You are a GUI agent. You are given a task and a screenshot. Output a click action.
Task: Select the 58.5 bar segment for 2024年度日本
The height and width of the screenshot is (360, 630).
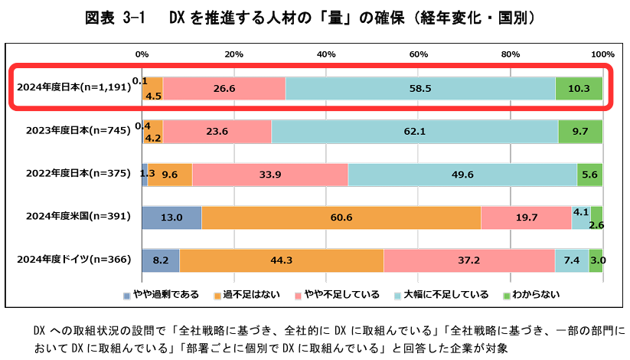[420, 88]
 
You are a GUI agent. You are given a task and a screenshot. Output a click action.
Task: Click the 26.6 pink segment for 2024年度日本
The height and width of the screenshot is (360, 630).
[224, 88]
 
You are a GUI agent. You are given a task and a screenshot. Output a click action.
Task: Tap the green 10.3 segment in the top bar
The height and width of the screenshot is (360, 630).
[579, 88]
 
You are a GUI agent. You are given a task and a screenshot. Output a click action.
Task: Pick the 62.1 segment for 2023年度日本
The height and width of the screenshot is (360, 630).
[414, 131]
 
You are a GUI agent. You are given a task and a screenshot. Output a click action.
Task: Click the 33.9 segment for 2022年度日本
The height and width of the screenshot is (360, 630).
[270, 174]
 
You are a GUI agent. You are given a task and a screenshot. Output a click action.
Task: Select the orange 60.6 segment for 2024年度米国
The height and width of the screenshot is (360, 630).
[341, 218]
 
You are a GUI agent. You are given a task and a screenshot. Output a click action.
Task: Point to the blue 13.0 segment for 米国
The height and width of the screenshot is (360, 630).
[171, 218]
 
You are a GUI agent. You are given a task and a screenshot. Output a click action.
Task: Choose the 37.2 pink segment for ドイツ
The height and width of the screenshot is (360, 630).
[469, 260]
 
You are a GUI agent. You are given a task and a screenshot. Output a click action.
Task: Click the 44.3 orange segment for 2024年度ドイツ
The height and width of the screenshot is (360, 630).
[282, 260]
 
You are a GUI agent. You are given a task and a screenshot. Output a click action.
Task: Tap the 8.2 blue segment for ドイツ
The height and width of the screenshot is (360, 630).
[161, 260]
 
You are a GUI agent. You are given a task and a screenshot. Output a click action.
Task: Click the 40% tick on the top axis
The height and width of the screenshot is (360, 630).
[326, 54]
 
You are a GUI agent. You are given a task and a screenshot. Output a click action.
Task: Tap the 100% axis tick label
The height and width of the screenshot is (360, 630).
[602, 54]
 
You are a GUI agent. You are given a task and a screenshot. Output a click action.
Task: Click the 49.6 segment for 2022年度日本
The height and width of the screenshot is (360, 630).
[462, 174]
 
